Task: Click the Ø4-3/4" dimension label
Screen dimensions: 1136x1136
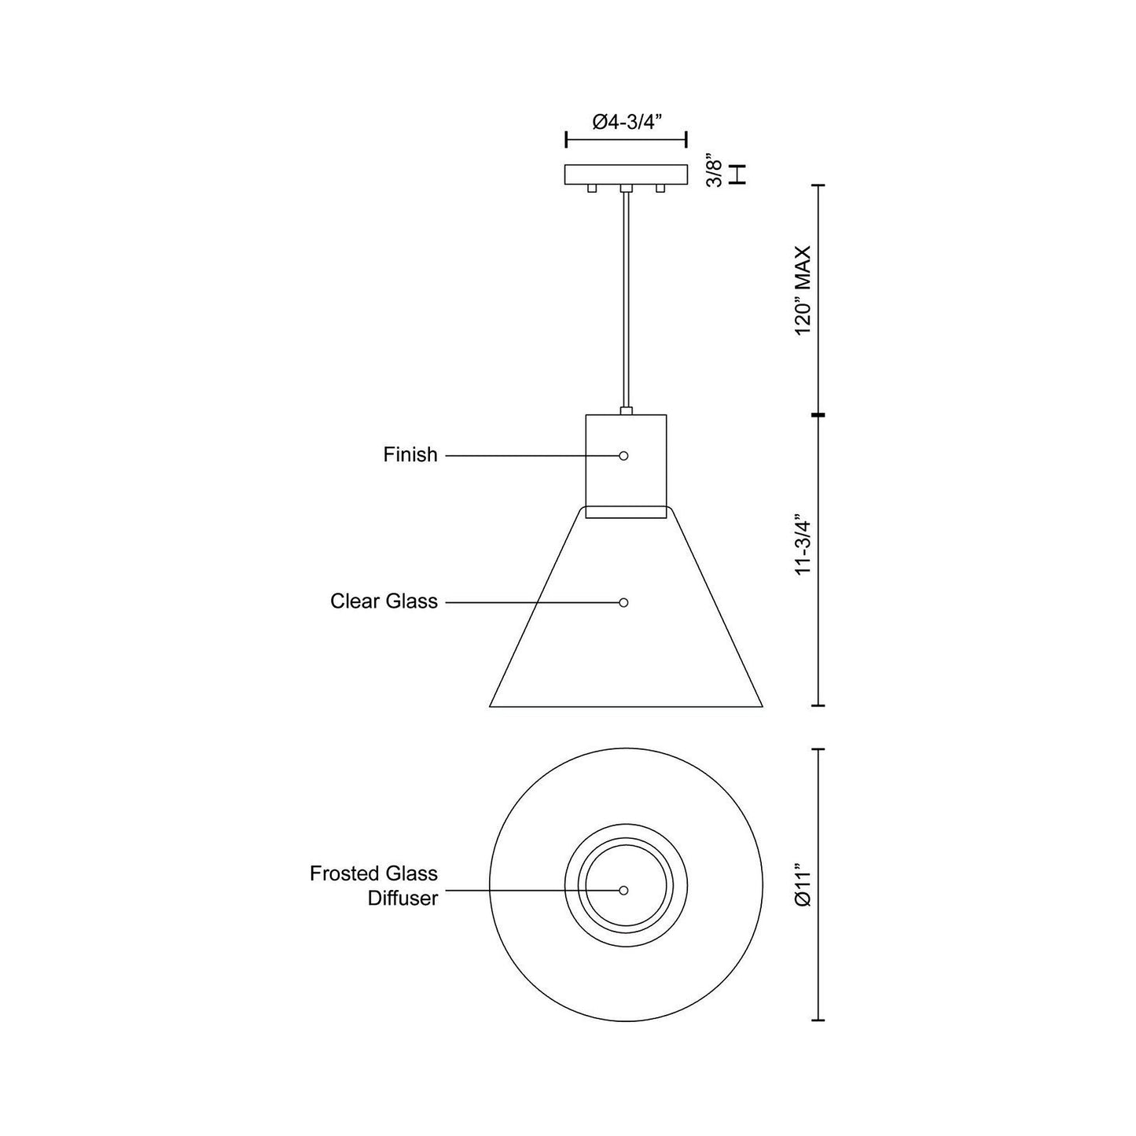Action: tap(627, 122)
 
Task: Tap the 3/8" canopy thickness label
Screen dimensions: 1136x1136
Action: tap(715, 171)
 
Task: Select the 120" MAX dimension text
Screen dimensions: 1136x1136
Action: tap(803, 291)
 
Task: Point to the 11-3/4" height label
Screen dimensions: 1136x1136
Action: tap(803, 546)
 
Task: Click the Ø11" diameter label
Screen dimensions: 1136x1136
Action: tap(803, 886)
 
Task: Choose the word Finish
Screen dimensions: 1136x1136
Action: tap(410, 455)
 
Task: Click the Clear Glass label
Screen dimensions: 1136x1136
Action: tap(384, 602)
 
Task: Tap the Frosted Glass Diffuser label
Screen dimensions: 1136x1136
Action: tap(373, 886)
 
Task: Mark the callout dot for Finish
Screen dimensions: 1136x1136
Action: tap(623, 456)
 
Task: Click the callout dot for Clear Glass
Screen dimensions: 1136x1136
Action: tap(623, 602)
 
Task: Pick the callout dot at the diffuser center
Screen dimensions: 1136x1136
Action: tap(623, 891)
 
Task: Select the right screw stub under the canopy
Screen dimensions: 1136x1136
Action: tap(660, 189)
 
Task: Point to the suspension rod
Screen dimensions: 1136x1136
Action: tap(626, 299)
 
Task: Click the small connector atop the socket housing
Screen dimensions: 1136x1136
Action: tap(626, 410)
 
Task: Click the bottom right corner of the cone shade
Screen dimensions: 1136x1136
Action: tap(761, 705)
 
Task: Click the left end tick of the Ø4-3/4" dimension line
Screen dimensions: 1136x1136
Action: tap(567, 140)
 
